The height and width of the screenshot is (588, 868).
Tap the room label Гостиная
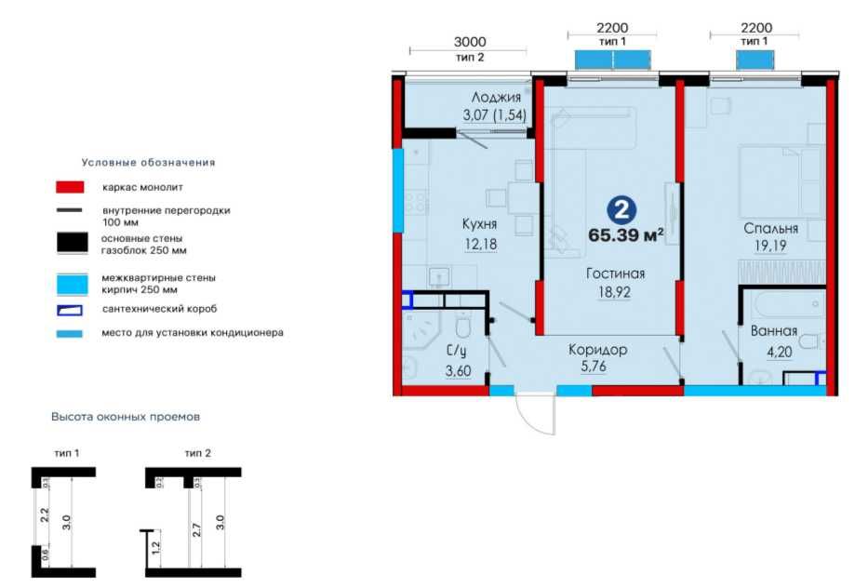click(x=615, y=274)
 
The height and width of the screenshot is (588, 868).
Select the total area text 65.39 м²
click(x=625, y=234)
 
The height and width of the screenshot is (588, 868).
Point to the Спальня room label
click(x=771, y=228)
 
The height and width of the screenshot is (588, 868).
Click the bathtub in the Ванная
click(x=785, y=305)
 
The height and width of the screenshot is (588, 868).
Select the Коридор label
click(x=598, y=350)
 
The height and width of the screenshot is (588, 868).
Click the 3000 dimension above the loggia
click(x=470, y=43)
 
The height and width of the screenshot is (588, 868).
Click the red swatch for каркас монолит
click(x=70, y=187)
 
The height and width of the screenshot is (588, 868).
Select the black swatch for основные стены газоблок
click(x=71, y=244)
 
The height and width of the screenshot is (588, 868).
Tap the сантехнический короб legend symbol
click(x=70, y=309)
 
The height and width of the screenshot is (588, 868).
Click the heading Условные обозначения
click(x=148, y=162)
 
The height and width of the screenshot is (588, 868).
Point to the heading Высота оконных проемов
click(x=126, y=417)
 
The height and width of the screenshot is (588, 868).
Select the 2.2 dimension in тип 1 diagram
click(x=43, y=514)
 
